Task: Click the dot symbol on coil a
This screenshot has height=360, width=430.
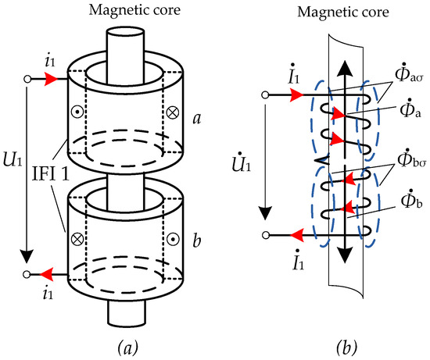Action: [x=77, y=112]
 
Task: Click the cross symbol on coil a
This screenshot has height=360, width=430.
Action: [x=173, y=112]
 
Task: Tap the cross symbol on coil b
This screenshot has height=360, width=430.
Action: [x=77, y=239]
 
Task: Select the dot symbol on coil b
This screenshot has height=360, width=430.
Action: [x=173, y=240]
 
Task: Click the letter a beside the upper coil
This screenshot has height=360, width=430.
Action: [x=197, y=119]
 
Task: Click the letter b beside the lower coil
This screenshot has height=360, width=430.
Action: [x=196, y=240]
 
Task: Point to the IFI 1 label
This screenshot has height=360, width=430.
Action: [x=51, y=174]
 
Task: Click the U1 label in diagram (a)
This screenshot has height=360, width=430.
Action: [x=13, y=160]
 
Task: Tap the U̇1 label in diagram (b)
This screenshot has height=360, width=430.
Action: [x=242, y=162]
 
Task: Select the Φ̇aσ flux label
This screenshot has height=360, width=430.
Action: [x=408, y=73]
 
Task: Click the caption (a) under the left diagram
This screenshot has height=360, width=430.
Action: [x=127, y=348]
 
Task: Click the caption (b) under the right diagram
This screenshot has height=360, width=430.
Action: [x=346, y=348]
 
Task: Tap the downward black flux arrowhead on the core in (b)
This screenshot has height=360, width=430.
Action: [x=345, y=255]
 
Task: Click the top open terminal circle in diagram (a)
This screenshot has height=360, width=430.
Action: [x=27, y=79]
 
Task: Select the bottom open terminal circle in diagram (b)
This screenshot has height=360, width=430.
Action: [x=265, y=235]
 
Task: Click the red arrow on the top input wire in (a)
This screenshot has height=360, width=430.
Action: [x=51, y=79]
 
